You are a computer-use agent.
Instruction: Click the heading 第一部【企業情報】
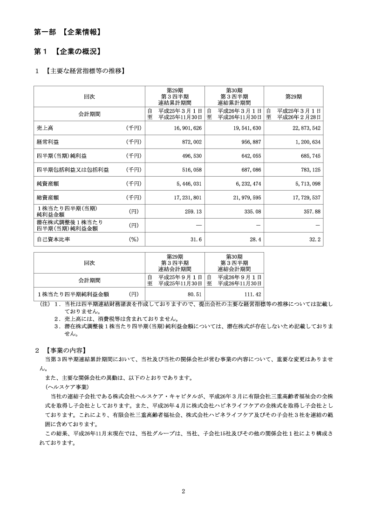point(68,32)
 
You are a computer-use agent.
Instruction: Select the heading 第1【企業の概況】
point(68,51)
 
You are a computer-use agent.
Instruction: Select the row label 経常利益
point(48,142)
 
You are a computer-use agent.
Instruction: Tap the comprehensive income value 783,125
point(308,170)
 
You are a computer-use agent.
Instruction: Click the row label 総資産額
point(48,198)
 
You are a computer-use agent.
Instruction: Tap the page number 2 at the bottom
point(184,491)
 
